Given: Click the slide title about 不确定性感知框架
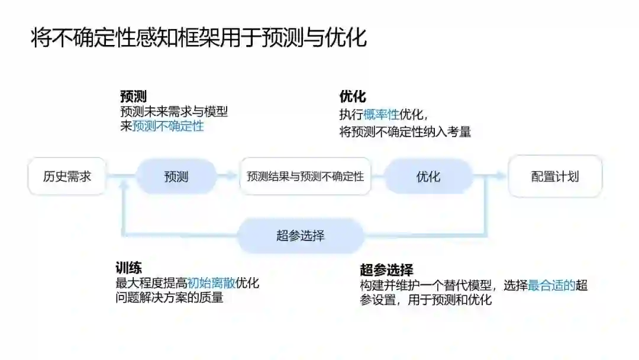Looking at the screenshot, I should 199,37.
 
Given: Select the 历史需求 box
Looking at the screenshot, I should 67,176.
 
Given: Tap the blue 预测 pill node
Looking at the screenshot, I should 176,176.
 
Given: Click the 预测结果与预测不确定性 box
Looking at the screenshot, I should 305,176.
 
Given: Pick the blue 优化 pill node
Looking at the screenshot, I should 428,176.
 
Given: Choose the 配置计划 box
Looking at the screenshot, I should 555,176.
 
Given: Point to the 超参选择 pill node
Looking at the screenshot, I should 301,236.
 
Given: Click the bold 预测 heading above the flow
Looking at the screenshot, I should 133,97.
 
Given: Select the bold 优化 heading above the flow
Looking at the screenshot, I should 353,97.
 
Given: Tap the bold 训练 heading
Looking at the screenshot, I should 128,268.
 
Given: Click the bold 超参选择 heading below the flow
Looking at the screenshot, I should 386,270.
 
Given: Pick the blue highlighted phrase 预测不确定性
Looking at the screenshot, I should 168,126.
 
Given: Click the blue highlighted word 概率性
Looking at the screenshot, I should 382,115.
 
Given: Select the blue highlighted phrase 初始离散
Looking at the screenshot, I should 211,283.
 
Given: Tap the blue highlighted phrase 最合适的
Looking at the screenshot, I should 551,285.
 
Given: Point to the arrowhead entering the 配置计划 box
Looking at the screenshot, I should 502,176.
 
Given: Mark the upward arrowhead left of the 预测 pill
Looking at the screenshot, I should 124,184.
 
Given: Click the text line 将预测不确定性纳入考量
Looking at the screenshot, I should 405,132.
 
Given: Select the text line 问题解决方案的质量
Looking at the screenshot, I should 170,298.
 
